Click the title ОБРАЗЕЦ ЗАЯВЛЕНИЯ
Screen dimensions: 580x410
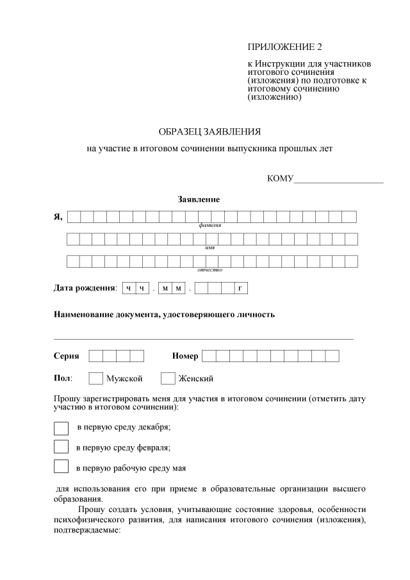point(209,132)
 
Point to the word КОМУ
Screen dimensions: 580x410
point(279,178)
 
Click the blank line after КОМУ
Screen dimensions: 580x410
point(338,179)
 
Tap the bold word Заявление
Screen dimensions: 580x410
point(199,200)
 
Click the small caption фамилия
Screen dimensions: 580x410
point(210,226)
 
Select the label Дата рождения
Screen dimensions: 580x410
point(85,289)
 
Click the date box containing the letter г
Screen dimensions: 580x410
point(240,289)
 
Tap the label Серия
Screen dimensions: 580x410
point(66,356)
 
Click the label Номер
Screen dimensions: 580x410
point(185,356)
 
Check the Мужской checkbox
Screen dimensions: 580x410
point(95,378)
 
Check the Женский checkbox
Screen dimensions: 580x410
point(168,378)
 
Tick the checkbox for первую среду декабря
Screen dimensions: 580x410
point(61,427)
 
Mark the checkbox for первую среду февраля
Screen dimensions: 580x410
point(61,447)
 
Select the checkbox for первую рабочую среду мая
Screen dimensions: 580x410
point(61,467)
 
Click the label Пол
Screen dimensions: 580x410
point(63,378)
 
